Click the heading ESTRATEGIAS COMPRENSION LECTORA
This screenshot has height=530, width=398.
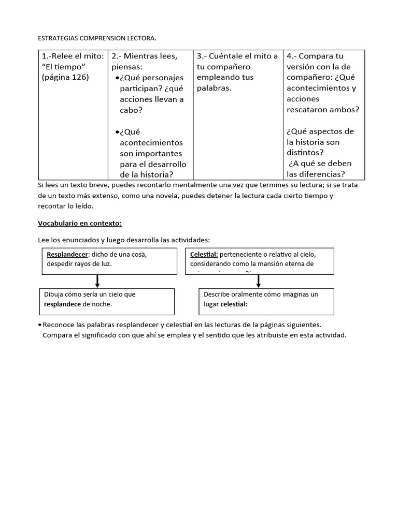(97, 38)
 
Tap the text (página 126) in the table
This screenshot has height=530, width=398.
(65, 77)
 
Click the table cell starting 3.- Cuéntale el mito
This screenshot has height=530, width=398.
(237, 72)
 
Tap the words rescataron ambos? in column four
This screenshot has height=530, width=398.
(322, 110)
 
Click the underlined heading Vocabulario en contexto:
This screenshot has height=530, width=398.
(80, 223)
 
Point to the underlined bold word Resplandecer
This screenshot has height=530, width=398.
(67, 254)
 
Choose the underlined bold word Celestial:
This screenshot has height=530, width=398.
(204, 254)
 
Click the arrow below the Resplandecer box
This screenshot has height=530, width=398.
(97, 281)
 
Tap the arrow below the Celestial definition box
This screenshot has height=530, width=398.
(259, 281)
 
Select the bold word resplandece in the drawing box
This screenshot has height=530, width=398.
(63, 304)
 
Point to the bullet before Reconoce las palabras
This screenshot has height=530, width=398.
(40, 325)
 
